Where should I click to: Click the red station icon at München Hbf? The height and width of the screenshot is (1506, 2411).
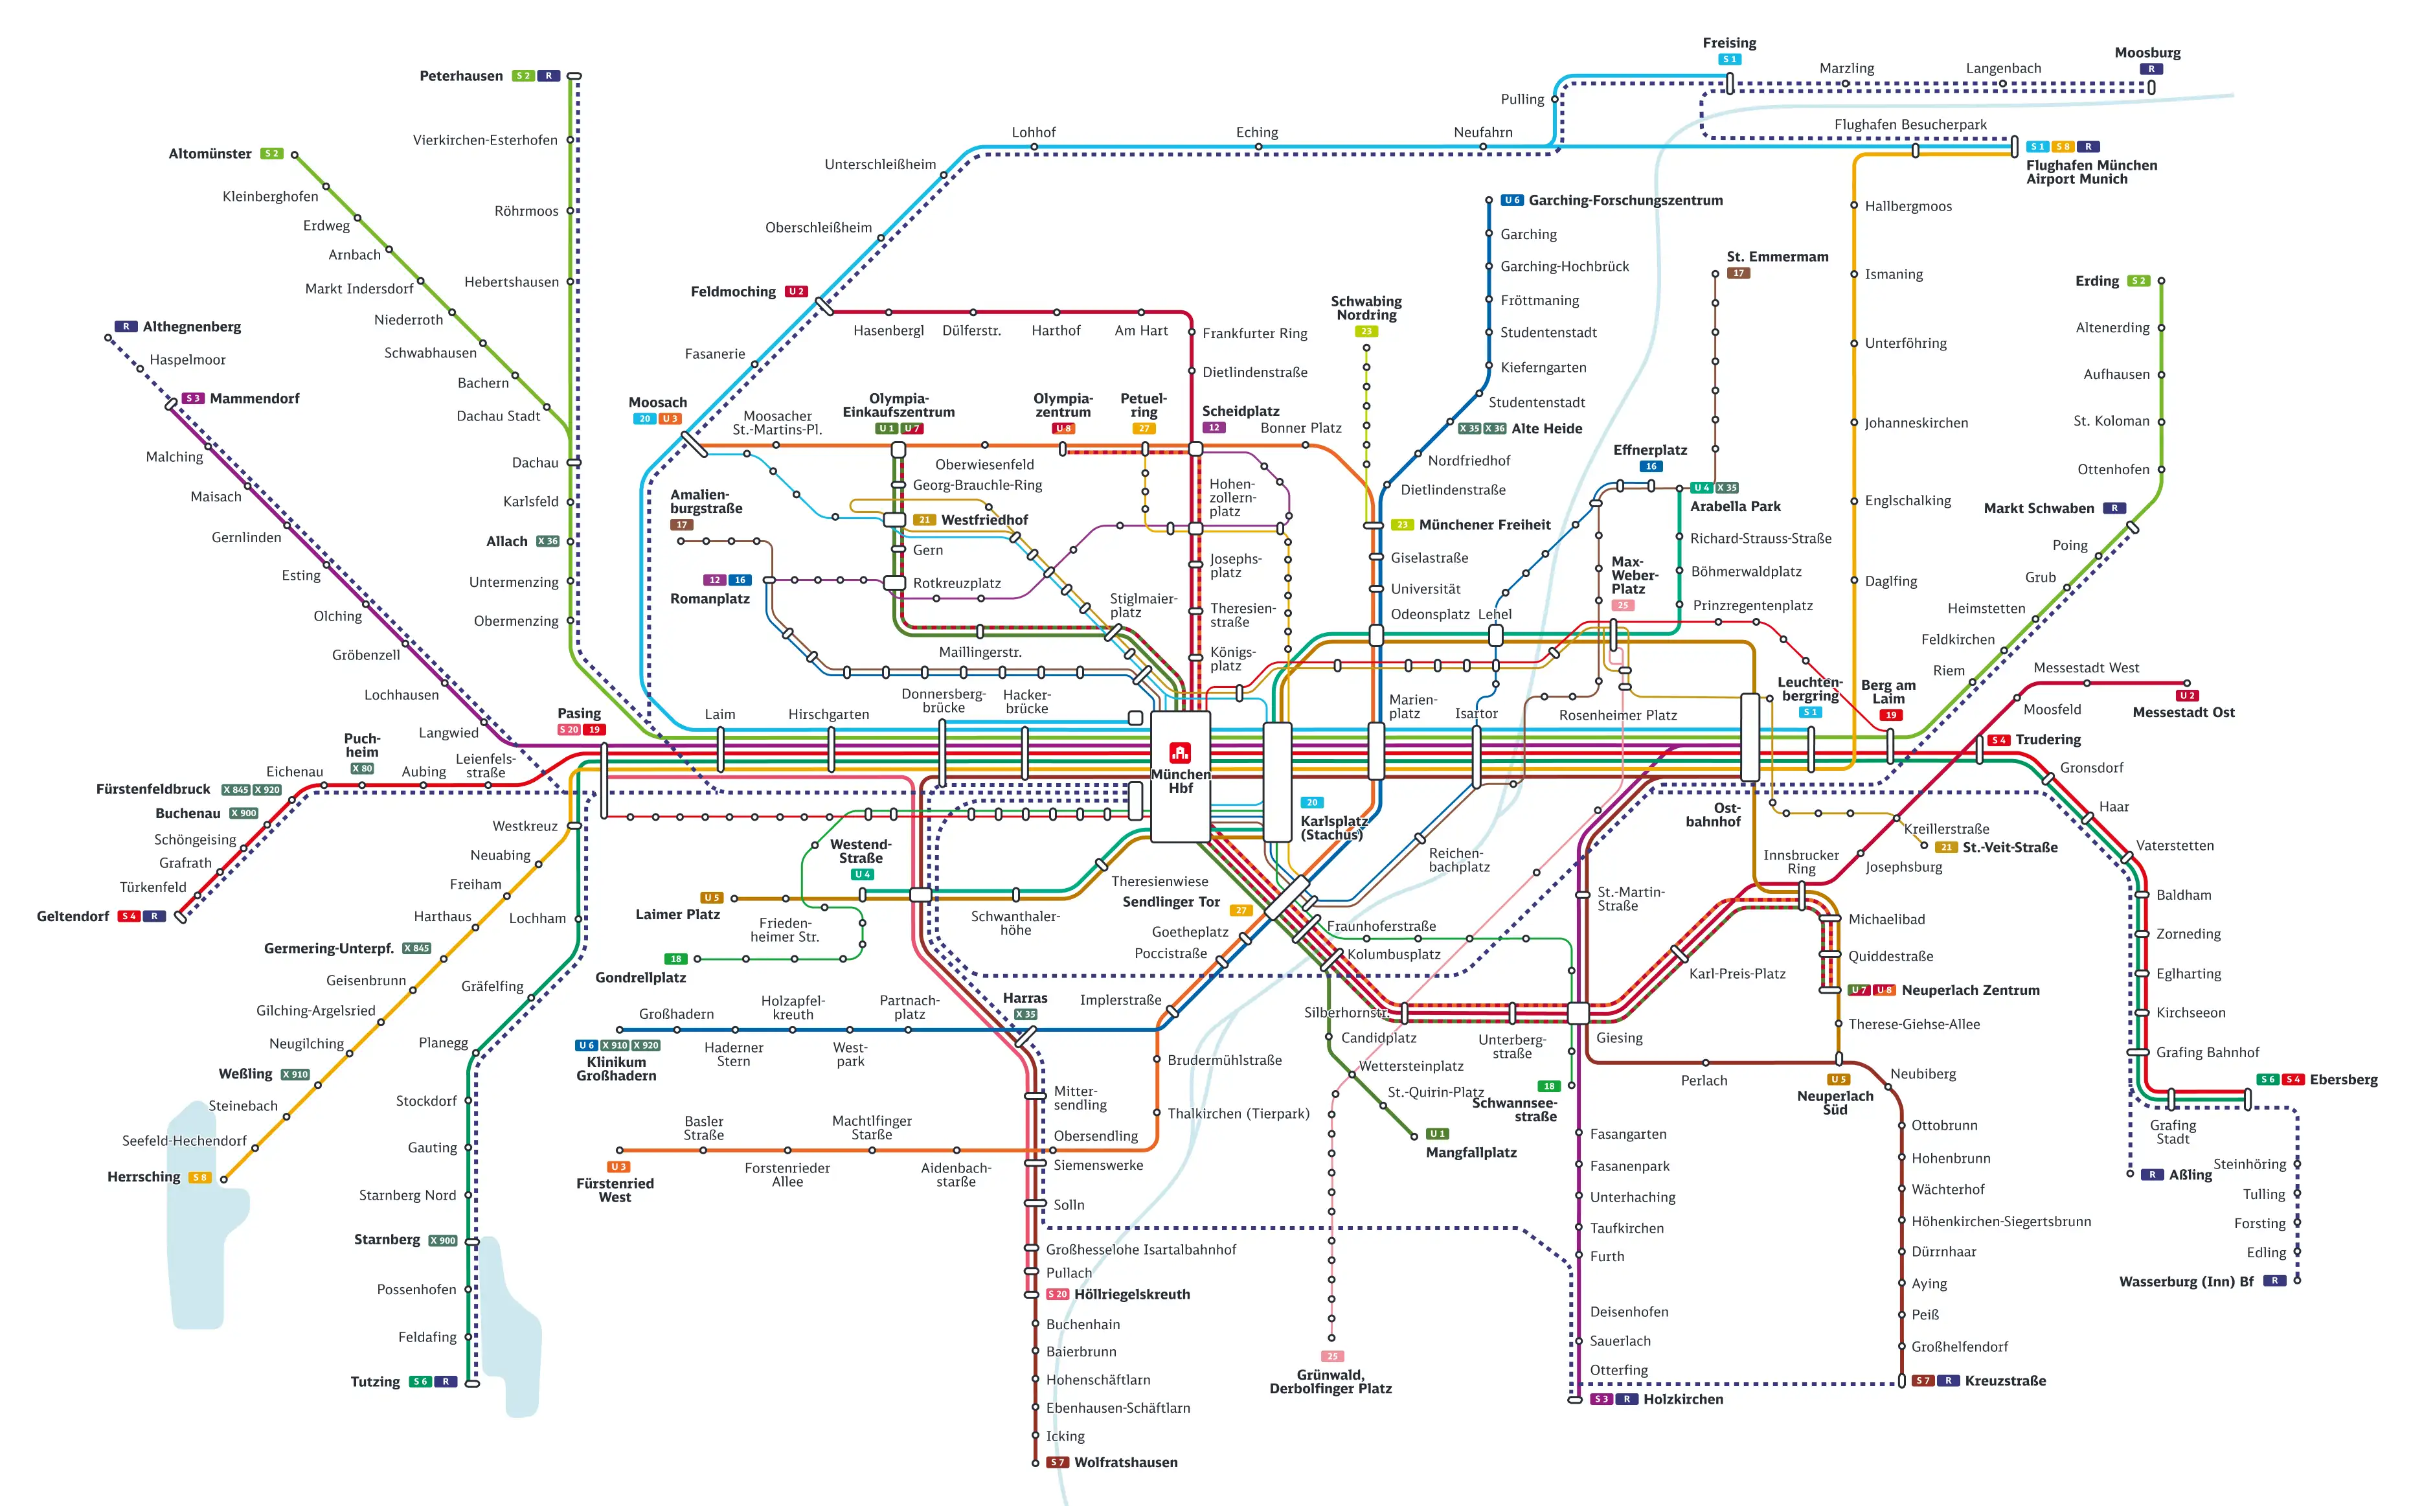point(1180,752)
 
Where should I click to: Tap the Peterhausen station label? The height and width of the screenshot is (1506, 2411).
point(461,76)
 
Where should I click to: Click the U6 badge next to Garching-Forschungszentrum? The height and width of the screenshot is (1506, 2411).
point(1511,200)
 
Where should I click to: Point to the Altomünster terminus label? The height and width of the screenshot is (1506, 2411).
point(210,154)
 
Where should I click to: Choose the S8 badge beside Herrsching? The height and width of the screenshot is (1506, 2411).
point(200,1178)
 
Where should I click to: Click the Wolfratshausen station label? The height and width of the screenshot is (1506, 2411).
point(1126,1462)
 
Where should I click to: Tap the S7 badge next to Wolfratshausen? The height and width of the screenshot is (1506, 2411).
point(1057,1462)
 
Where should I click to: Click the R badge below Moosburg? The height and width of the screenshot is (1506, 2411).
point(2151,69)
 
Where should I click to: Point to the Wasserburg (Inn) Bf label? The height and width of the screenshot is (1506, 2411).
point(2186,1281)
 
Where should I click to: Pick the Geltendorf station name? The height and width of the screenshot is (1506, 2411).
point(73,917)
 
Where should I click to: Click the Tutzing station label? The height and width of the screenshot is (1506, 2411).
point(376,1382)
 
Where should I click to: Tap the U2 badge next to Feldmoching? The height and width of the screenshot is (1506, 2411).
point(796,292)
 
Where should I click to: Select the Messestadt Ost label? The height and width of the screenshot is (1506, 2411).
point(2183,712)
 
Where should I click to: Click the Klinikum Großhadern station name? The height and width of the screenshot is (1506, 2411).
point(617,1069)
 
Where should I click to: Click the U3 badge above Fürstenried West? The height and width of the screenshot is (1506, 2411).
point(618,1167)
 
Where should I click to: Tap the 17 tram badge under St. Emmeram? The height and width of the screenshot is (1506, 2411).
point(1738,273)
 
